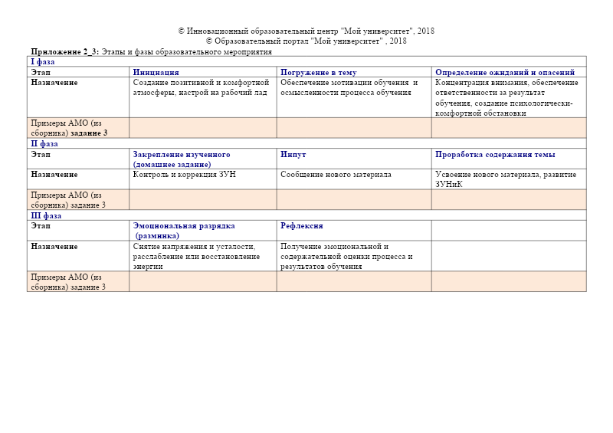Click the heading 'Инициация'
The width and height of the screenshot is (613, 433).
click(156, 72)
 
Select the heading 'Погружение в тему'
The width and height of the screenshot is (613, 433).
click(318, 72)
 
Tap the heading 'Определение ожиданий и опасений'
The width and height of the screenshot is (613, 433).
click(504, 72)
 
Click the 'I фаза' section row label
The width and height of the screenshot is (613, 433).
click(42, 61)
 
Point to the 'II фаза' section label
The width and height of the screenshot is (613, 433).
click(44, 143)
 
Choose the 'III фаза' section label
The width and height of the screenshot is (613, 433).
click(46, 215)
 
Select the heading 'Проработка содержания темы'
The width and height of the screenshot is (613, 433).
click(495, 154)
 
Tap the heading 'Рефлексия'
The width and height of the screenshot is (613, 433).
click(301, 226)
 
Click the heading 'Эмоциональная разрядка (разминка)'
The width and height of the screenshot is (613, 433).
click(184, 231)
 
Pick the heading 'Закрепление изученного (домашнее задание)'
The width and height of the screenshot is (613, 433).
click(181, 159)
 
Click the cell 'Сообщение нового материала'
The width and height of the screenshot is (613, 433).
click(336, 175)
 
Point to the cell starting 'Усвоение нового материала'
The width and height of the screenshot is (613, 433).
click(505, 179)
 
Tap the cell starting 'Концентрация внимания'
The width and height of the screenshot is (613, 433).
click(506, 97)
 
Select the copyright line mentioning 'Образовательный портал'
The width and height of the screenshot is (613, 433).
click(306, 41)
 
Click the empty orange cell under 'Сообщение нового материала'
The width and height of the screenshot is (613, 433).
click(353, 199)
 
